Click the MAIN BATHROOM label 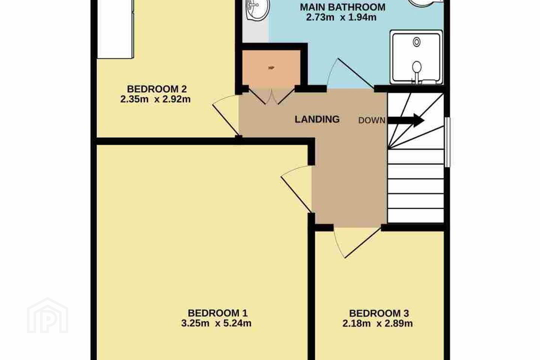point(343,7)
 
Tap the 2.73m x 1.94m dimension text point(341,17)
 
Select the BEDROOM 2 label point(157,89)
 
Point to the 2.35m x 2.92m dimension point(156,99)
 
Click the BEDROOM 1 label point(217,313)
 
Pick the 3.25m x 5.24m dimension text point(216,323)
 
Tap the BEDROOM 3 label point(379,313)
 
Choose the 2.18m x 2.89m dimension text point(378,323)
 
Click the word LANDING point(317,119)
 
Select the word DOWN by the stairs point(372,120)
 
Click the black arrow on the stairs point(406,120)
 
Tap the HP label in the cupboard point(271,68)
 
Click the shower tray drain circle point(417,42)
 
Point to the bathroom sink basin point(257,10)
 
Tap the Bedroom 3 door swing point(357,242)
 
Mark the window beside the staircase point(447,142)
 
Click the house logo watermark point(48,315)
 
